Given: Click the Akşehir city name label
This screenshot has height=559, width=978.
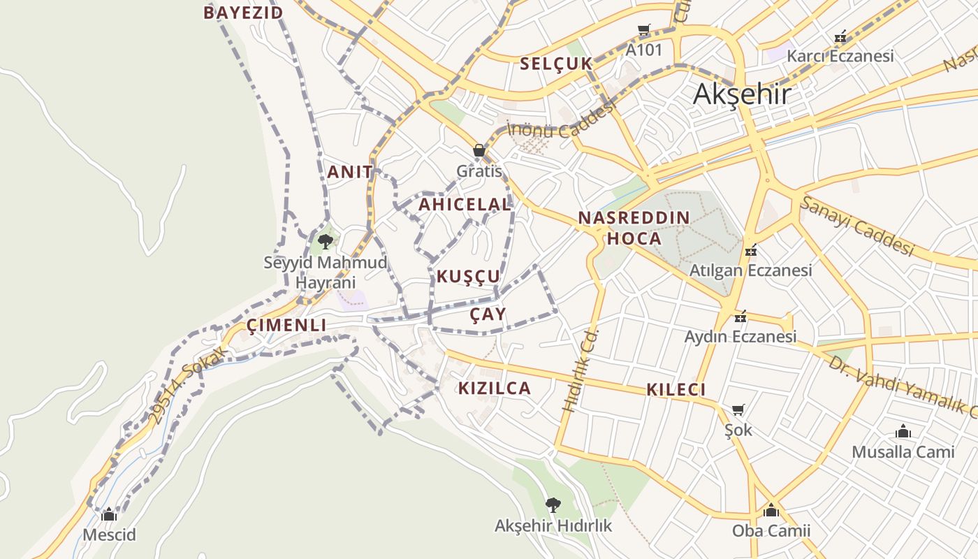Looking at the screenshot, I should [742, 94].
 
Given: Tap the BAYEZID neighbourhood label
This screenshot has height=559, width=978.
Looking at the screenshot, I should [243, 13].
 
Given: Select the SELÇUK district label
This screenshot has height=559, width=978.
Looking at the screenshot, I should [556, 64].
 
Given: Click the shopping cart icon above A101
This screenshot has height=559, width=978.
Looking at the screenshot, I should [643, 30].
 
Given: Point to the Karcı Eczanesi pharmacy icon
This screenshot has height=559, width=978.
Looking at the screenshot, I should [840, 36].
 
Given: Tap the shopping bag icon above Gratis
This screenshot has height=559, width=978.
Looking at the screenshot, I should [479, 150].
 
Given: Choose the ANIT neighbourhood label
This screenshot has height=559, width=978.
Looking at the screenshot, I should [350, 172].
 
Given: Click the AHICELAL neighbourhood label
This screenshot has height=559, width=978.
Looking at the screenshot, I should [465, 205].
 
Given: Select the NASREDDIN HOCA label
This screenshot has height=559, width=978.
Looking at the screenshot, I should [634, 228].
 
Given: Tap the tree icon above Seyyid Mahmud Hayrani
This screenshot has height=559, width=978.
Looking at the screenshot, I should [325, 242].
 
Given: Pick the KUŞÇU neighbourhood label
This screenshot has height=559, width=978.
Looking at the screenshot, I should [469, 277].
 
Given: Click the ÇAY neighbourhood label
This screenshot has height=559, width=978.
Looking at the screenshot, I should [488, 314].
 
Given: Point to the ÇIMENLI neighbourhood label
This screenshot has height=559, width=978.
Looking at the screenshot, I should [286, 326].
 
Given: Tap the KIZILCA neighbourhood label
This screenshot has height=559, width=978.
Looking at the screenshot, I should [495, 389].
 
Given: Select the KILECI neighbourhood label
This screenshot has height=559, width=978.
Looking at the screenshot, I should [676, 390].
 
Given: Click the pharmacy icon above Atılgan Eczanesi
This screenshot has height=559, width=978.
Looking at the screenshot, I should [751, 249].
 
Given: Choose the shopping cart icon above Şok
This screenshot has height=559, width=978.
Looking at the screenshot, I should [738, 409].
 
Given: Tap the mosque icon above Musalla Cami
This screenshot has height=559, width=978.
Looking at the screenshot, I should [903, 431].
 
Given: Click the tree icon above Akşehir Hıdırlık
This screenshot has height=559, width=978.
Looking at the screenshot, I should [553, 504].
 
